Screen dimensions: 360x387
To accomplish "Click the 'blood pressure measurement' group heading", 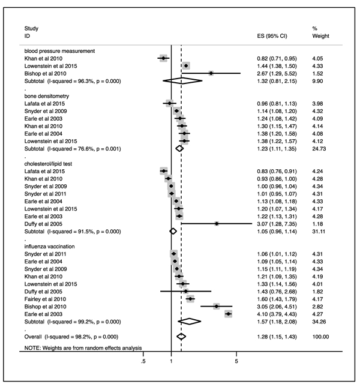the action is pyautogui.click(x=59, y=51).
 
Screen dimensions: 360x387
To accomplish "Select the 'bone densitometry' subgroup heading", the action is pyautogui.click(x=47, y=96).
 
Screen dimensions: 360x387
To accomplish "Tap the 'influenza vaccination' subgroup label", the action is pyautogui.click(x=49, y=247).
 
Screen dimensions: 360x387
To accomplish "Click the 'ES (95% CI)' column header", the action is pyautogui.click(x=272, y=36).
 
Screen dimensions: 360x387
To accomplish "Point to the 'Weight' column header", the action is pyautogui.click(x=320, y=36).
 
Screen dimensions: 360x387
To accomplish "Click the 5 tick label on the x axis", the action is pyautogui.click(x=236, y=361).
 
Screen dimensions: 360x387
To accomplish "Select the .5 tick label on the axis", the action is pyautogui.click(x=143, y=361).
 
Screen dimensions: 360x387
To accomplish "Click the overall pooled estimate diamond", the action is pyautogui.click(x=181, y=337).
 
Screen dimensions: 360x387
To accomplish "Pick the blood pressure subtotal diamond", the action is pyautogui.click(x=182, y=81).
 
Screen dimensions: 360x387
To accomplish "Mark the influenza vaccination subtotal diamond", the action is pyautogui.click(x=189, y=322).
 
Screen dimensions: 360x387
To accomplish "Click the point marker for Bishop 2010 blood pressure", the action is pyautogui.click(x=211, y=73).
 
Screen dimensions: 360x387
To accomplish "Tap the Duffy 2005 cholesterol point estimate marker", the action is pyautogui.click(x=217, y=224).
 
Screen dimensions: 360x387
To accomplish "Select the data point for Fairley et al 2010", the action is pyautogui.click(x=190, y=299).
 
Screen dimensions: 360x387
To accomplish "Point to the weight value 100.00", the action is pyautogui.click(x=320, y=337).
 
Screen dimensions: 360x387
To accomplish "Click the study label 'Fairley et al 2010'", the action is pyautogui.click(x=45, y=299).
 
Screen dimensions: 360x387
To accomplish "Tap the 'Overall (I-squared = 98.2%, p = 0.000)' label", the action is pyautogui.click(x=71, y=337).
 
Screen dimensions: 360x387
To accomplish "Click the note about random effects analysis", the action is pyautogui.click(x=83, y=348).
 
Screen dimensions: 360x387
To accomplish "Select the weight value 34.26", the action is pyautogui.click(x=319, y=322).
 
